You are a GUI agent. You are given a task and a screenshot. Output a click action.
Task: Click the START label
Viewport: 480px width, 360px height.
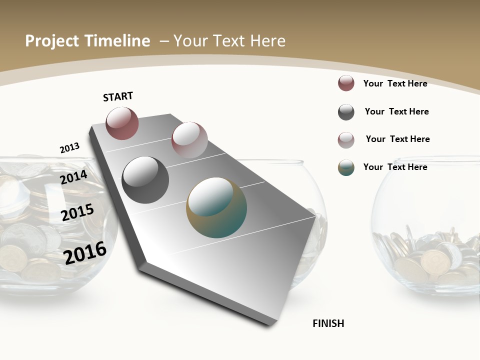118,96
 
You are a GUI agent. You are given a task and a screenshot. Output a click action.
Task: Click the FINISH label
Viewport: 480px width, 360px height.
328,323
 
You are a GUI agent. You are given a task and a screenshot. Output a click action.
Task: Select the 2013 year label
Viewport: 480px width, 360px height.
69,148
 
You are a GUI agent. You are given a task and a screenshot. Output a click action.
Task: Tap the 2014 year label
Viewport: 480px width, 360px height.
74,177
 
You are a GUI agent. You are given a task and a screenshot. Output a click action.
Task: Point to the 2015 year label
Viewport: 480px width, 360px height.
77,212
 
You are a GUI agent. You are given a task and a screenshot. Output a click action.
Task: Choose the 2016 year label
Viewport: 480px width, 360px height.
85,253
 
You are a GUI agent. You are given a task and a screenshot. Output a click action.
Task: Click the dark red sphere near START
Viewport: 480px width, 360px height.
122,123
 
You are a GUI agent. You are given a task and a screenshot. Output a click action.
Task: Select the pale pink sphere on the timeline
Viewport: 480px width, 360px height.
189,139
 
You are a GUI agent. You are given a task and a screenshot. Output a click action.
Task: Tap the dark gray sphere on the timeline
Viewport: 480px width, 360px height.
145,180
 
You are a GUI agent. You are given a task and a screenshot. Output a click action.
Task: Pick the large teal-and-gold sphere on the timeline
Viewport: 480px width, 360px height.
216,207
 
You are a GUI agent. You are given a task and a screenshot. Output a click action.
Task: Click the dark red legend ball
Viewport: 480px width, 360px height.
346,83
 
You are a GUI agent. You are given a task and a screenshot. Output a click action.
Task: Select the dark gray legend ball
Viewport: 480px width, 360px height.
346,112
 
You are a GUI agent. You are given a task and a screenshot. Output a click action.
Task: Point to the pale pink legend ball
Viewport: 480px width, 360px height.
346,140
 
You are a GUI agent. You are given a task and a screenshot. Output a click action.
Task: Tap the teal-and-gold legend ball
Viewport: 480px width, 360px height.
346,167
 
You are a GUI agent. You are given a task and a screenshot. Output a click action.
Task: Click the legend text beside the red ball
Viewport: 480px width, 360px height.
395,83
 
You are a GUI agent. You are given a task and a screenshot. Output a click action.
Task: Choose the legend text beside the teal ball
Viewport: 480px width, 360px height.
395,167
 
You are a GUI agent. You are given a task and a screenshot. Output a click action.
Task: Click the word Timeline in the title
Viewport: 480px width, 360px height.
118,41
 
